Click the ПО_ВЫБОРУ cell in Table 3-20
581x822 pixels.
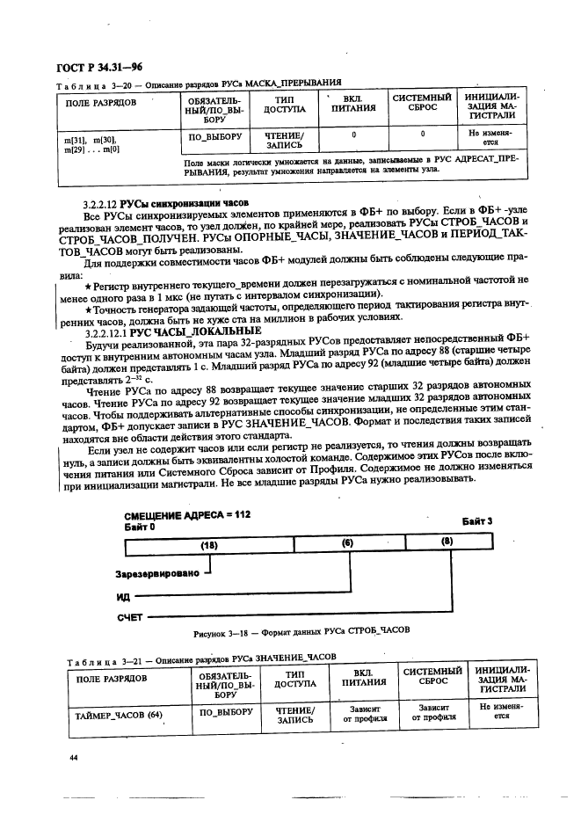(x=208, y=138)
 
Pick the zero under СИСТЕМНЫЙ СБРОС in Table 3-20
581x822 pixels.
(x=422, y=135)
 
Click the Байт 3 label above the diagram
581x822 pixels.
(x=477, y=520)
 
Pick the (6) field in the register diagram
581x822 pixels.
(x=347, y=545)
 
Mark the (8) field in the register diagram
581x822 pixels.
(x=447, y=544)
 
